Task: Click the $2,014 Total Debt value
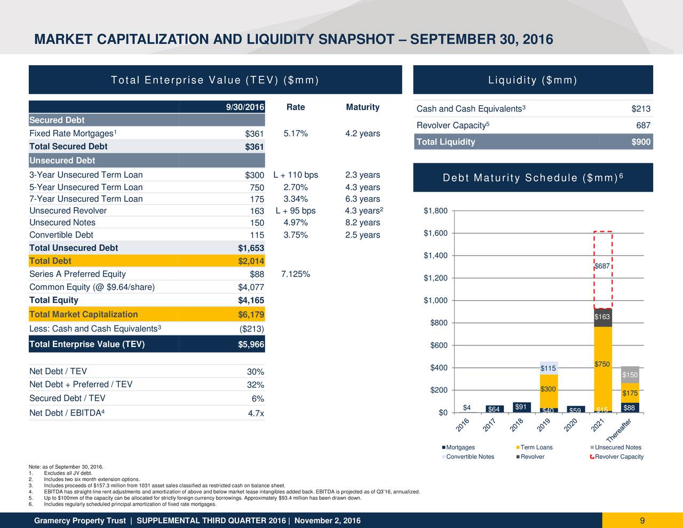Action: pos(251,261)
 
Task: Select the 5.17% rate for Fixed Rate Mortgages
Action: pos(296,133)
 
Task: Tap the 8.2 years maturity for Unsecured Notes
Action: pos(362,223)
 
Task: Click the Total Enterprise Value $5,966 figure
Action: pos(251,344)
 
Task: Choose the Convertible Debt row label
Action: pos(61,235)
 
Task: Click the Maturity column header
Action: pos(362,107)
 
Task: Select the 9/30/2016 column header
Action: pos(245,107)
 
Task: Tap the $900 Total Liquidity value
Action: pos(640,142)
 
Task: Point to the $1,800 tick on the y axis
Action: pos(435,211)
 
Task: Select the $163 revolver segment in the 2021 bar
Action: pos(602,317)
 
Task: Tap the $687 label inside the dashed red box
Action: pos(602,266)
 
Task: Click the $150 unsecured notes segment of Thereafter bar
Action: pos(630,375)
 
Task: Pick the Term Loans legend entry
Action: pos(536,447)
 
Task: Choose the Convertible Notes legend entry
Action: pos(470,456)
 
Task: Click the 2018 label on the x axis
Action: pos(517,425)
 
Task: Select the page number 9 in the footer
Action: pos(642,521)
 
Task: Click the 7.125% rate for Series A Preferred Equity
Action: pos(296,274)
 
